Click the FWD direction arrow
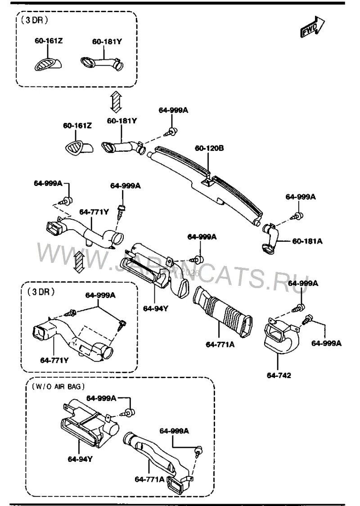pyautogui.click(x=313, y=26)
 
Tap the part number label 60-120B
pyautogui.click(x=209, y=148)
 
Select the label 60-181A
pyautogui.click(x=307, y=241)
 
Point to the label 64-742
pyautogui.click(x=279, y=375)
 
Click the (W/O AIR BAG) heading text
pyautogui.click(x=58, y=386)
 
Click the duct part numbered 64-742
pyautogui.click(x=280, y=337)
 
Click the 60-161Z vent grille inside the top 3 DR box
pyautogui.click(x=48, y=63)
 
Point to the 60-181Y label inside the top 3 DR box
pyautogui.click(x=107, y=41)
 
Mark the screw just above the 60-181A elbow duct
pyautogui.click(x=298, y=216)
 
